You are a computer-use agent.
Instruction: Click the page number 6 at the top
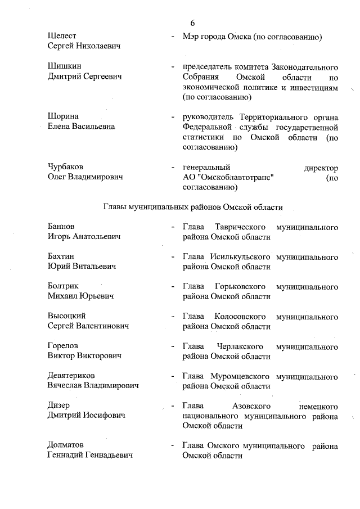coord(192,23)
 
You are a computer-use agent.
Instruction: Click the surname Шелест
coord(62,37)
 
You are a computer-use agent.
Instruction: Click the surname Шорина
coord(63,117)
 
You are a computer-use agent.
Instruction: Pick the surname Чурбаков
coord(66,168)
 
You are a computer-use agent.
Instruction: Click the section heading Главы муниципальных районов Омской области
coord(192,207)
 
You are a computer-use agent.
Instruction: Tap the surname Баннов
coord(61,227)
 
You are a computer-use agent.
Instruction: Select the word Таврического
coord(240,227)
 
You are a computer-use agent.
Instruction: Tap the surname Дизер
coord(60,406)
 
